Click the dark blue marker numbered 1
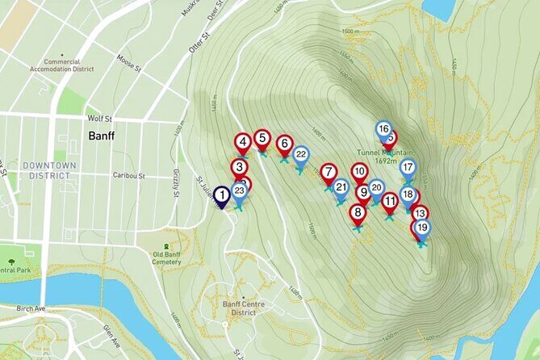tap(221, 195)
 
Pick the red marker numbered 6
tap(283, 144)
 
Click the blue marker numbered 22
tap(300, 154)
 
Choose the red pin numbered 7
tap(328, 172)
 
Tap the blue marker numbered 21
tap(341, 188)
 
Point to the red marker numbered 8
tap(358, 213)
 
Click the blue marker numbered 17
tap(408, 168)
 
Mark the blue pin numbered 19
tap(421, 228)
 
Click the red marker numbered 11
tap(390, 201)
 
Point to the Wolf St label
tap(100, 118)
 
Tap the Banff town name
tap(100, 136)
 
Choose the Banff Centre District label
tap(238, 308)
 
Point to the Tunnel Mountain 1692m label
tap(387, 156)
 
